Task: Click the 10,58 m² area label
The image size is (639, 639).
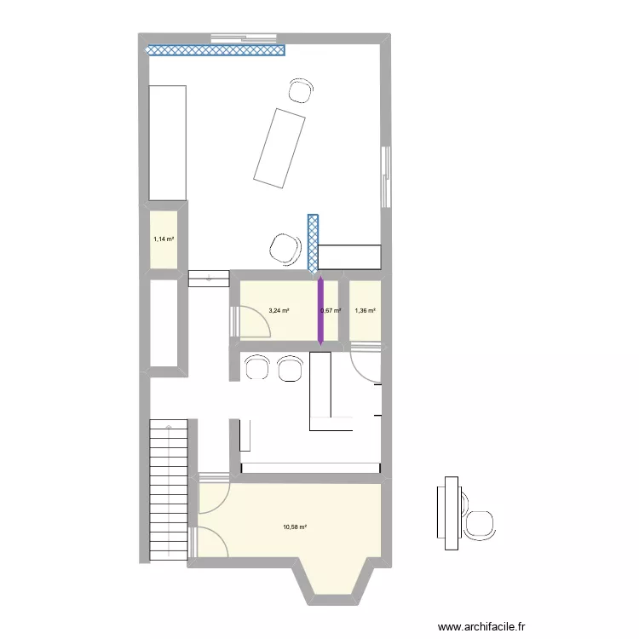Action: pyautogui.click(x=294, y=527)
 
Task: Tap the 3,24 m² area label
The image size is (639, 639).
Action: pyautogui.click(x=279, y=311)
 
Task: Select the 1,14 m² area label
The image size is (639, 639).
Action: pyautogui.click(x=164, y=239)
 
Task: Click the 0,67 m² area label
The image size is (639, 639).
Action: pyautogui.click(x=331, y=311)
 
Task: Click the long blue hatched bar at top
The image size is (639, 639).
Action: pyautogui.click(x=215, y=50)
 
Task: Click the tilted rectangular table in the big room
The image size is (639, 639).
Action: pyautogui.click(x=280, y=148)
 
